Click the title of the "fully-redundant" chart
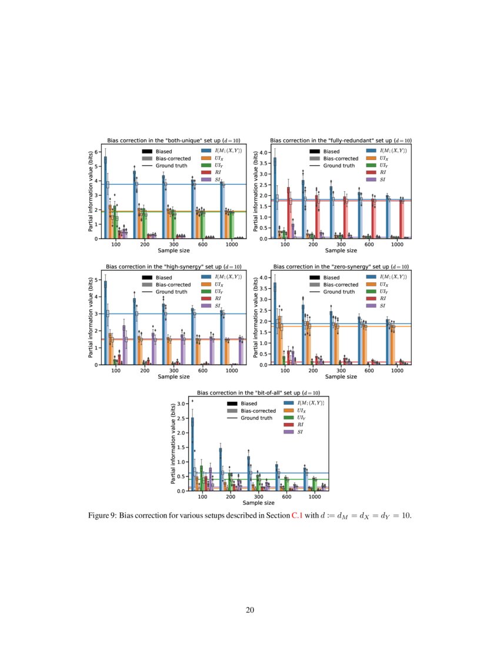click(x=341, y=141)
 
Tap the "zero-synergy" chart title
click(x=341, y=267)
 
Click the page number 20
click(x=250, y=609)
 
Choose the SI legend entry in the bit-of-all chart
click(x=300, y=432)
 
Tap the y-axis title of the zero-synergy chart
click(x=255, y=318)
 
